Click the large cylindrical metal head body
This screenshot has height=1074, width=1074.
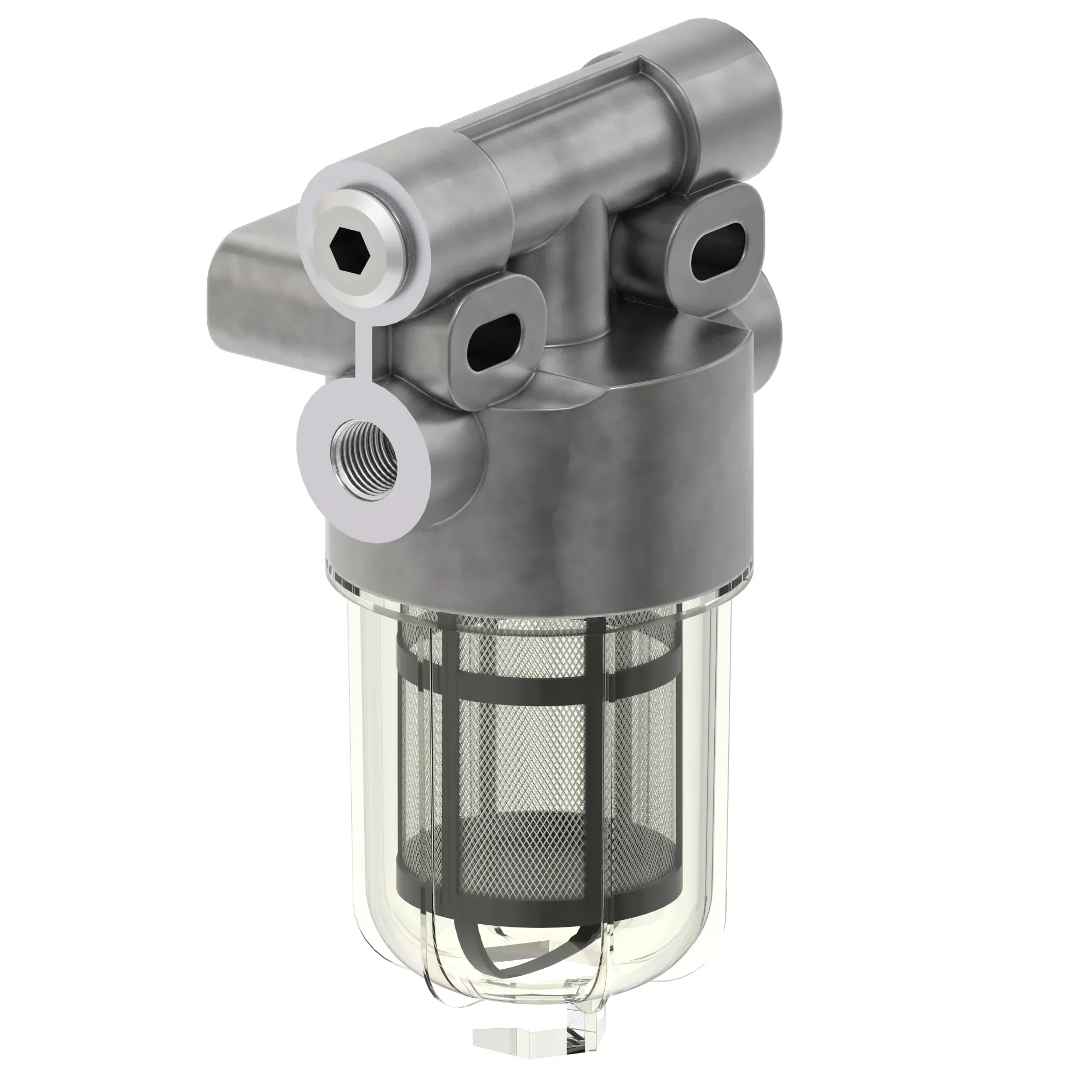coord(612,473)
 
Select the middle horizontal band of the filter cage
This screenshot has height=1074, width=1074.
coord(534,695)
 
